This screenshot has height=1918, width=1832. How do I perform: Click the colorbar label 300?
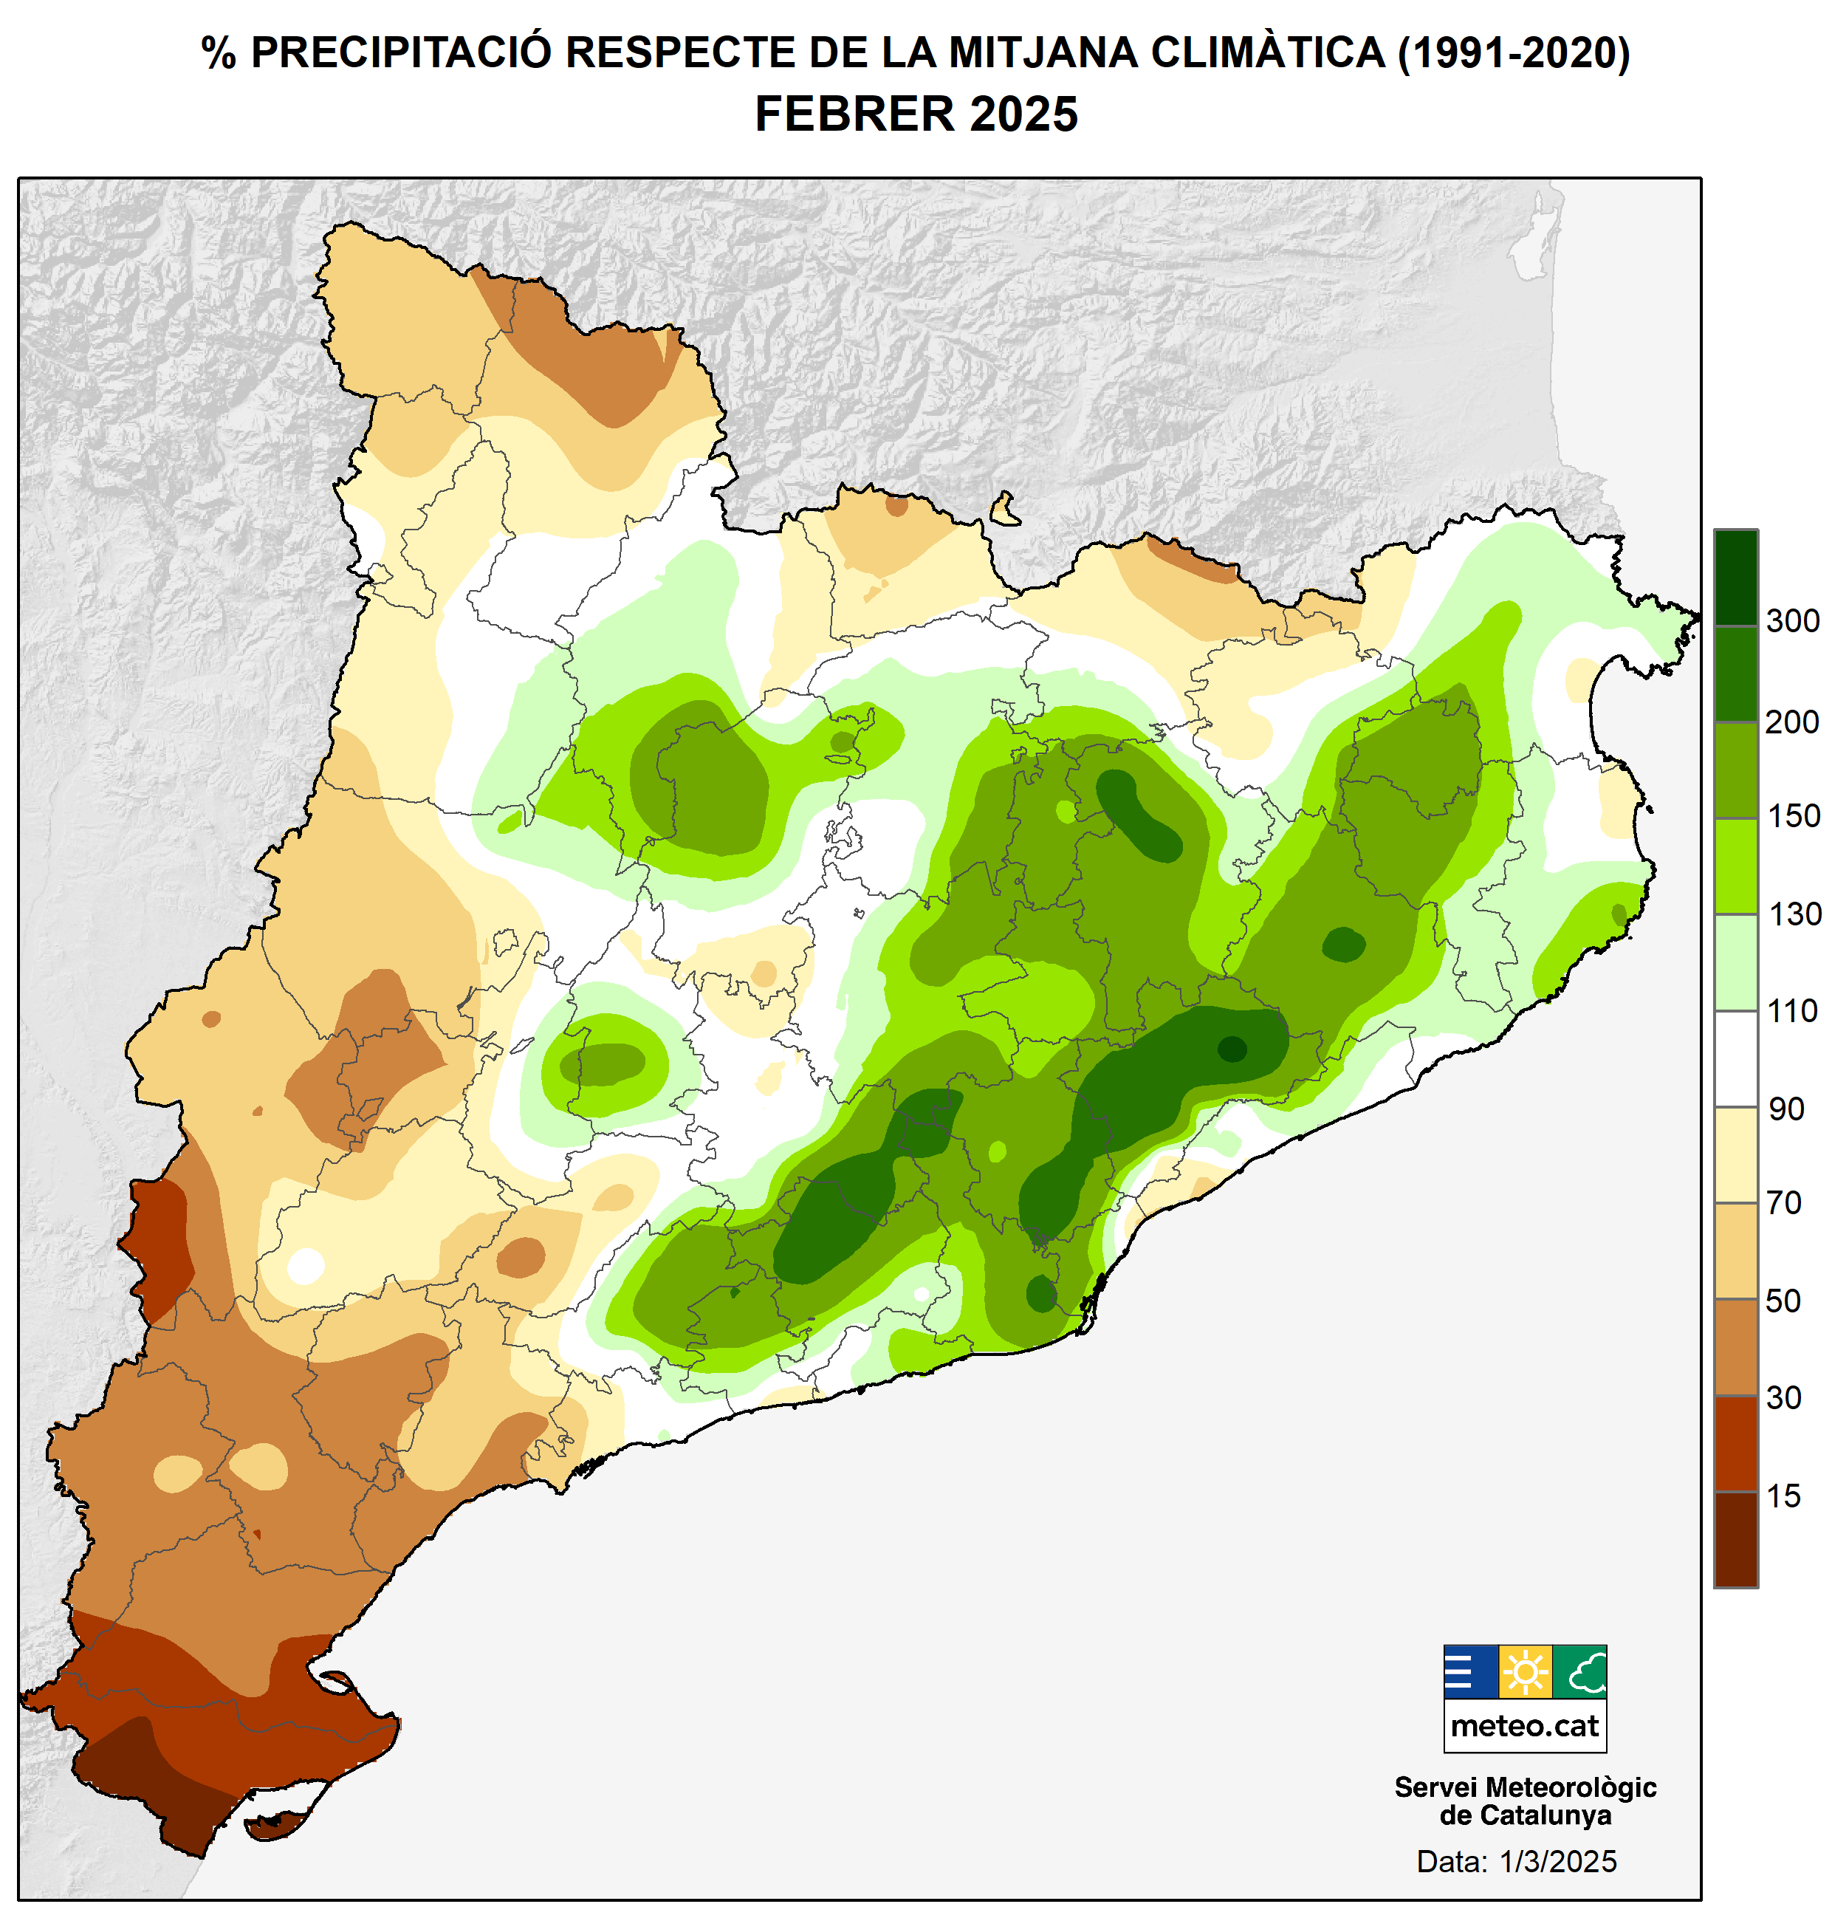(1792, 621)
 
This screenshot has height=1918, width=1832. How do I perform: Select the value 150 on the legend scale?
(1793, 816)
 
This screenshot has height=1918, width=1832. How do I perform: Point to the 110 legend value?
(1792, 1012)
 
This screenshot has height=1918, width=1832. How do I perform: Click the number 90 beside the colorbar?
(1786, 1109)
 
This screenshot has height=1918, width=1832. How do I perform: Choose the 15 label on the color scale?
(1783, 1496)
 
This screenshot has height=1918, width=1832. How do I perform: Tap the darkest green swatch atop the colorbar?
(1735, 577)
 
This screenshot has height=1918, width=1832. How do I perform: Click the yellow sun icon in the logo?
(1524, 1673)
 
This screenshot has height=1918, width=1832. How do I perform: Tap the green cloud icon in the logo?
(1579, 1673)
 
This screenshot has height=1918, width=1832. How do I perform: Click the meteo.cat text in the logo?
(1524, 1727)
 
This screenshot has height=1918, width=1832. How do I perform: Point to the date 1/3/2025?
(1557, 1861)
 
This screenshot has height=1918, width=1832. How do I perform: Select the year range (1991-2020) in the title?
(1514, 54)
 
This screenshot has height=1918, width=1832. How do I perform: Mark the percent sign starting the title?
(219, 54)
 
